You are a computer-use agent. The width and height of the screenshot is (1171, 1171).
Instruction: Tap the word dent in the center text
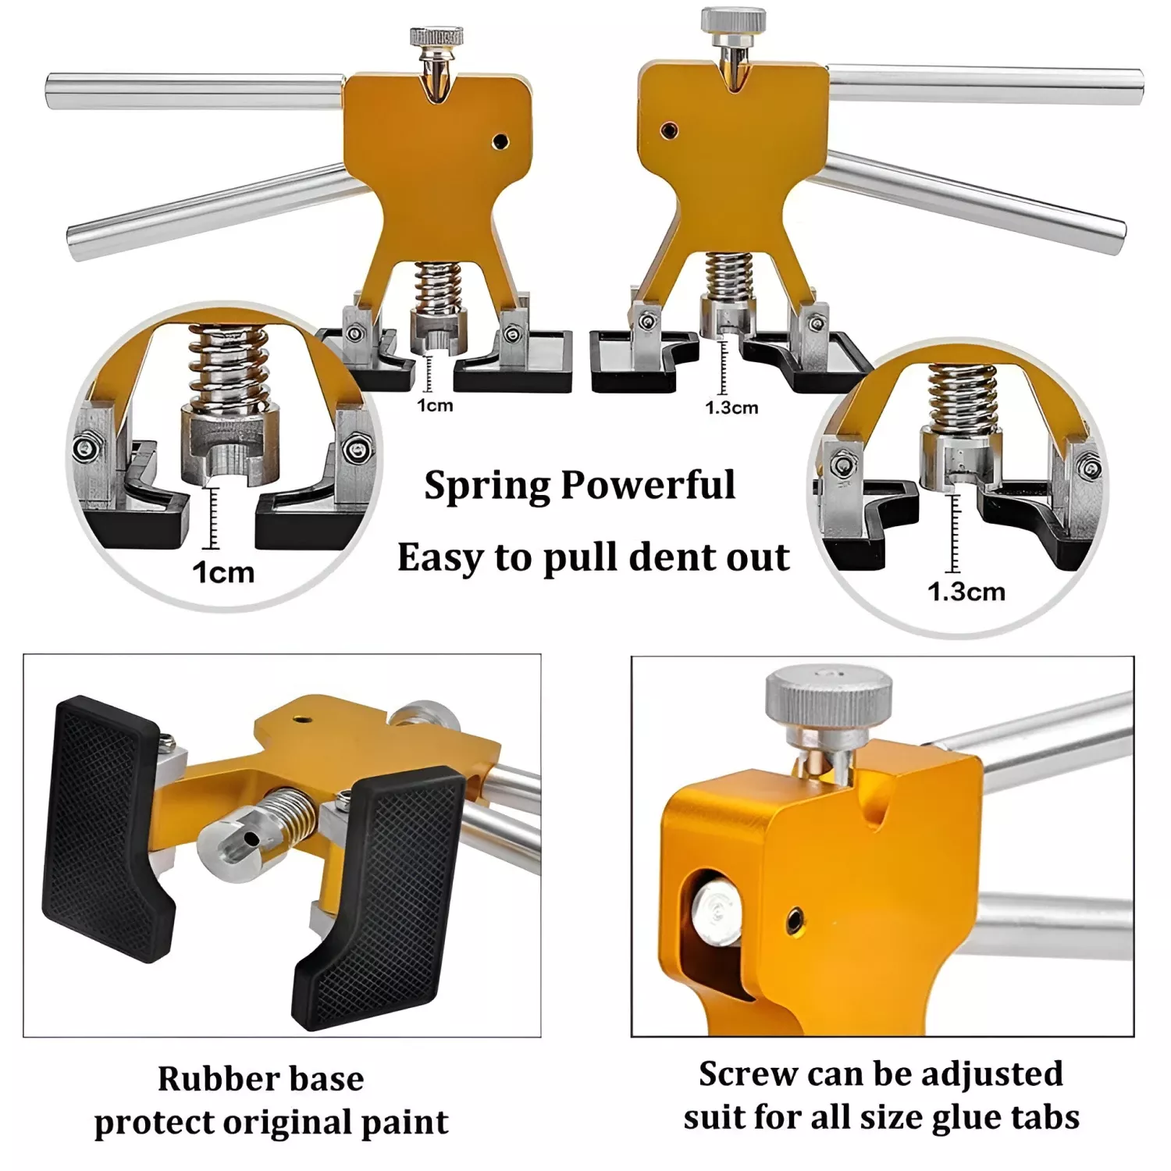[664, 557]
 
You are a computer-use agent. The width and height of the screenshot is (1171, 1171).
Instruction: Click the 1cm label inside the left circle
[223, 573]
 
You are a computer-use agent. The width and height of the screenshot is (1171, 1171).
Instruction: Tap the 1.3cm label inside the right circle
[966, 592]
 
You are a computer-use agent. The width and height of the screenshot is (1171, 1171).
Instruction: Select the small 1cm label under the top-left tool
[435, 405]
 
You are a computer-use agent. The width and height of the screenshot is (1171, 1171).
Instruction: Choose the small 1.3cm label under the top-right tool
[731, 408]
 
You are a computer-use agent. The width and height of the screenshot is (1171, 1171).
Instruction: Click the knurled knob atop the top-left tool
[436, 36]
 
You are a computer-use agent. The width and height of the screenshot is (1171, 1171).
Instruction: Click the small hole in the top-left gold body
[501, 141]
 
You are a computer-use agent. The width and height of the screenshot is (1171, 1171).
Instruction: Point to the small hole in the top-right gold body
[667, 130]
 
